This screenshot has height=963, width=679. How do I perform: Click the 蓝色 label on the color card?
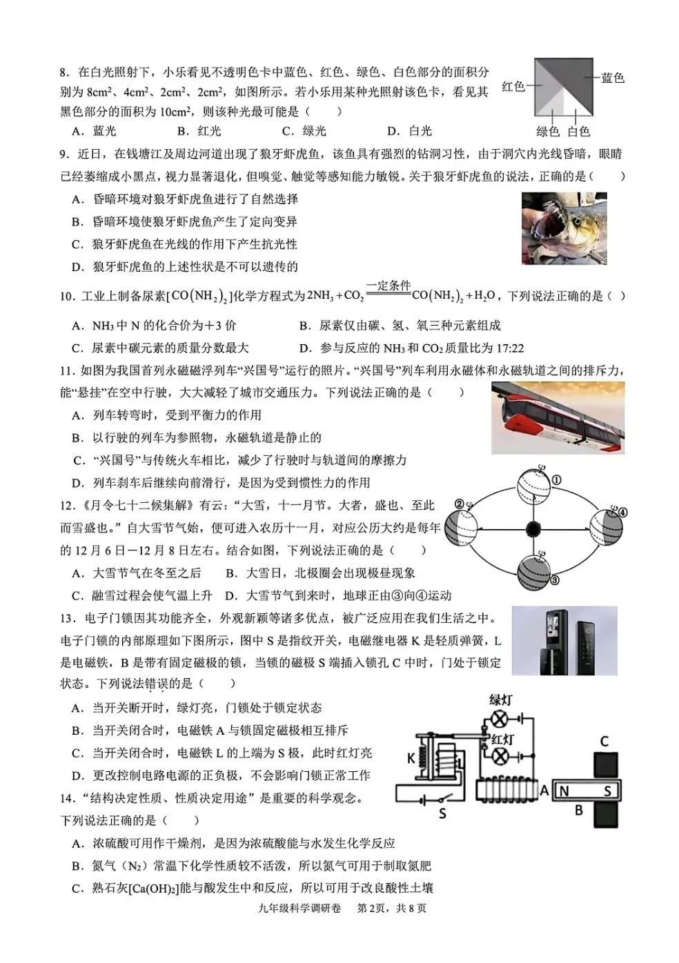pyautogui.click(x=612, y=78)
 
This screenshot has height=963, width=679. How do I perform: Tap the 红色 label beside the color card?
pyautogui.click(x=513, y=86)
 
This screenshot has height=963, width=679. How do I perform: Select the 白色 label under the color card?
pyautogui.click(x=579, y=131)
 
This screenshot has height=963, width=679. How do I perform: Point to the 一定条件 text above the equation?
pyautogui.click(x=388, y=286)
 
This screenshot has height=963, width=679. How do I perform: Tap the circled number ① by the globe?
pyautogui.click(x=556, y=480)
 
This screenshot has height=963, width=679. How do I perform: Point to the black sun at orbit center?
pyautogui.click(x=533, y=529)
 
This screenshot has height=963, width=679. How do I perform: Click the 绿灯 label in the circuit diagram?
pyautogui.click(x=501, y=699)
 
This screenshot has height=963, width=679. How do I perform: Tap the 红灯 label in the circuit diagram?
pyautogui.click(x=502, y=739)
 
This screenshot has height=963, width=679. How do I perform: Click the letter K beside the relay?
pyautogui.click(x=411, y=758)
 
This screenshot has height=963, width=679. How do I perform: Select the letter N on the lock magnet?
pyautogui.click(x=564, y=791)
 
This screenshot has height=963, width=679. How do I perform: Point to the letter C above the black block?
pyautogui.click(x=604, y=742)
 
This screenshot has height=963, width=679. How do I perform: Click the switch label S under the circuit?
pyautogui.click(x=442, y=814)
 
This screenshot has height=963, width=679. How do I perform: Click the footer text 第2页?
pyautogui.click(x=371, y=908)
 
